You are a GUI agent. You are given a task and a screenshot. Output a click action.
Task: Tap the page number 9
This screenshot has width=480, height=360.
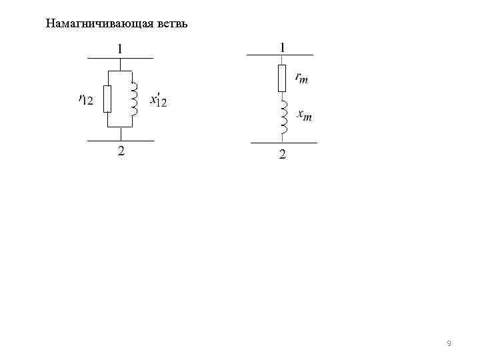[x=449, y=343]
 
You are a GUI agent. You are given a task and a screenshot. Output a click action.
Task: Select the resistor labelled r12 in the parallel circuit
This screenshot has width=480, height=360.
[x=107, y=99]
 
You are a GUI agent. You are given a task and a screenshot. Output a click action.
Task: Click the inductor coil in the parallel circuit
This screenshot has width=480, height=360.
[x=134, y=99]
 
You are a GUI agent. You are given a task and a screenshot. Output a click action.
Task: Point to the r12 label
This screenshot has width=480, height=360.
[x=85, y=99]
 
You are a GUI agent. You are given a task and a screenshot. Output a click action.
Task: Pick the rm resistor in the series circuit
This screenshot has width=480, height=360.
[x=282, y=78]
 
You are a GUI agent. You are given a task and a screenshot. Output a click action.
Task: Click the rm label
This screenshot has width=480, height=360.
[x=301, y=77]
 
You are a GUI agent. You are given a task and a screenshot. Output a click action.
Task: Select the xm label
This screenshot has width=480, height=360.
[x=304, y=116]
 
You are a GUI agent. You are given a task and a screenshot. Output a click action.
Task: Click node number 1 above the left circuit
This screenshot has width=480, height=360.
[x=120, y=49]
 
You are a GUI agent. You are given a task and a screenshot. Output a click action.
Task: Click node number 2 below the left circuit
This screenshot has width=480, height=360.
[x=121, y=151]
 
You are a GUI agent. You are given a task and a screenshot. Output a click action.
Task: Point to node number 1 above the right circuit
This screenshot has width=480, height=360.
[x=283, y=47]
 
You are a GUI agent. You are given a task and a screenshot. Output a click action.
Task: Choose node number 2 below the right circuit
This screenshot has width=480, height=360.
[x=282, y=155]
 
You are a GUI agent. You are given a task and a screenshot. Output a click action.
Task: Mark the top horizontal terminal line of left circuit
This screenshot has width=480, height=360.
[x=120, y=59]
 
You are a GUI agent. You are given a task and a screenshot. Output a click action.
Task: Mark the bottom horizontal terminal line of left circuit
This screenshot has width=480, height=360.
[x=120, y=141]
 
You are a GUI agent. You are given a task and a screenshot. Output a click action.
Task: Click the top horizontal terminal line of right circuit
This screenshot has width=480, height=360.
[x=280, y=55]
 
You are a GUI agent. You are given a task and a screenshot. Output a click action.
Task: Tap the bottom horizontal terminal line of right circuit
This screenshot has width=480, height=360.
[x=283, y=143]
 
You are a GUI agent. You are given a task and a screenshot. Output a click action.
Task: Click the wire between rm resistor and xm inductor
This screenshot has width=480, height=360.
[x=282, y=96]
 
